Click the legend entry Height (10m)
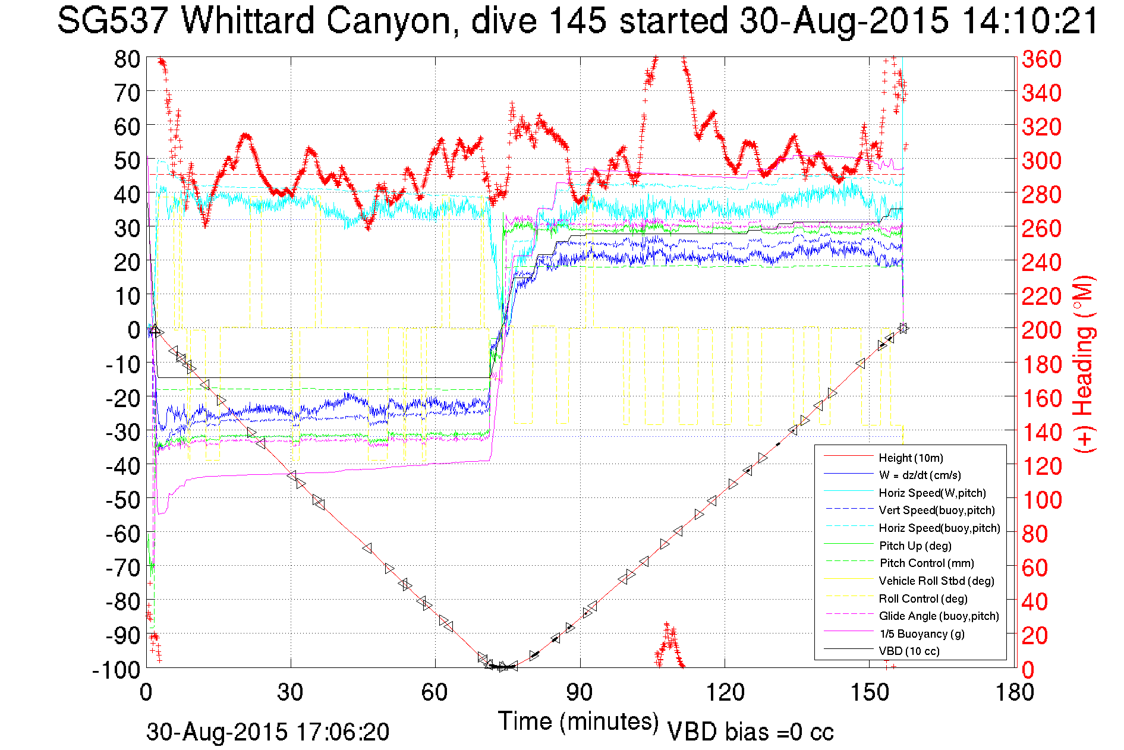tap(911, 458)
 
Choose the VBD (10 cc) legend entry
tap(909, 651)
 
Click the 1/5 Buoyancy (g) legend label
tap(921, 634)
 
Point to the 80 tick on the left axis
tap(127, 59)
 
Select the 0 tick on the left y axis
tap(134, 330)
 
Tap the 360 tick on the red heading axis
tap(1041, 59)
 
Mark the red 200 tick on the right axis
tap(1041, 330)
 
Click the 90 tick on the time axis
tap(580, 692)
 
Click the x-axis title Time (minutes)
tap(578, 721)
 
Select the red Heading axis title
tap(1084, 364)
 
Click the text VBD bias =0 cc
tap(750, 732)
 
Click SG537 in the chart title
tap(113, 21)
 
